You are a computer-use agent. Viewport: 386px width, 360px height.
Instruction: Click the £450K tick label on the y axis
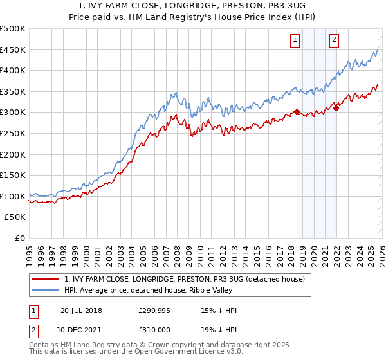(x=13, y=50)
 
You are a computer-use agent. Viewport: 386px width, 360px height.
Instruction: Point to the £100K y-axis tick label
(x=13, y=196)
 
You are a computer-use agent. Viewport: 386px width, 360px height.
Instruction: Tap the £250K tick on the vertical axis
(x=13, y=133)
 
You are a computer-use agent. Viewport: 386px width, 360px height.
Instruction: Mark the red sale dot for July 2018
(x=297, y=112)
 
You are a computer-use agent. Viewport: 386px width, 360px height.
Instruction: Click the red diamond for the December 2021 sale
(x=336, y=108)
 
